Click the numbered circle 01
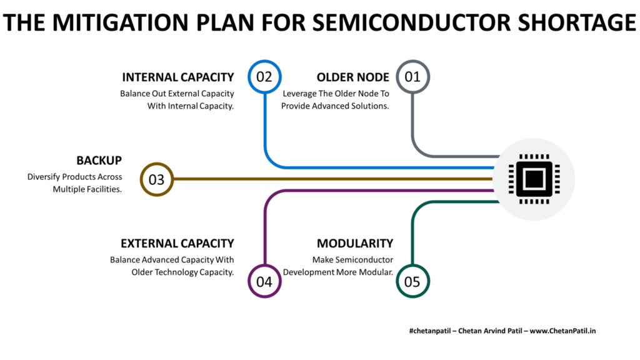412,77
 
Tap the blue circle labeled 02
264,77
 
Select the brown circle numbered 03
156,179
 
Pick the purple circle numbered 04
264,281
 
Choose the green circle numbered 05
412,281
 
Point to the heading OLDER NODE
352,77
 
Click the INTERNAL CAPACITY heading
177,77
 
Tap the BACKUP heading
99,161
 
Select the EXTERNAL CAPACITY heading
177,243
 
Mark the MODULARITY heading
354,243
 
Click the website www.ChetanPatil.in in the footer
562,330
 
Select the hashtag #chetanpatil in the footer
426,330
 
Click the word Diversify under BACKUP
44,177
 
